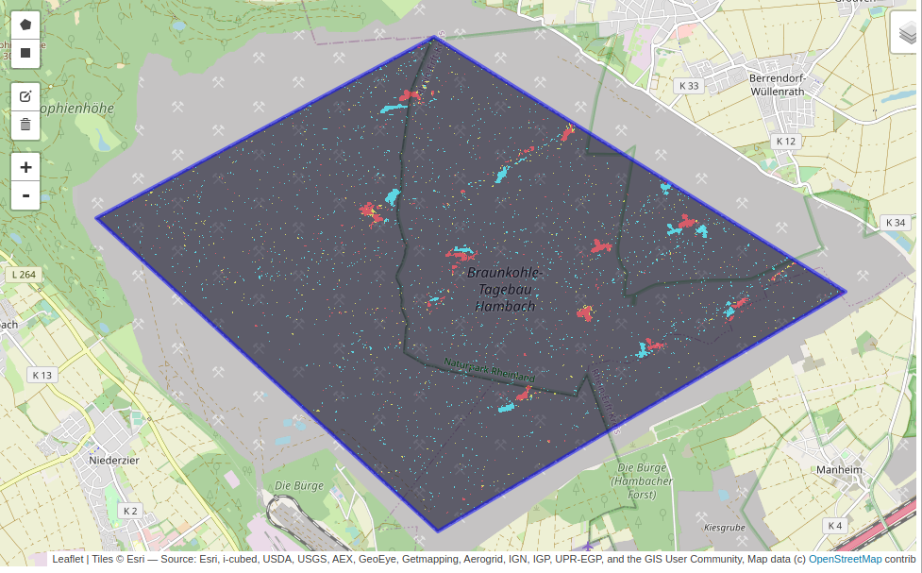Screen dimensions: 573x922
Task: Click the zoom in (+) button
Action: point(25,167)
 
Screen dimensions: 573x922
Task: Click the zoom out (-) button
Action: point(25,195)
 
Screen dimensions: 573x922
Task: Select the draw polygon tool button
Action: point(25,25)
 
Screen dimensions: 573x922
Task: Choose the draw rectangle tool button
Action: point(25,53)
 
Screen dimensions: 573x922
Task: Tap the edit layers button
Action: point(25,95)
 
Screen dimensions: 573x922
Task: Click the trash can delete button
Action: point(25,124)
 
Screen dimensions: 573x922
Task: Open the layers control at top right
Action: point(906,34)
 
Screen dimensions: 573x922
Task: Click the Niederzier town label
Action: point(113,460)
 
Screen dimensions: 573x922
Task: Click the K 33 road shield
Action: point(689,86)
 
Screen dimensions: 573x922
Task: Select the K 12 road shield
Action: point(785,142)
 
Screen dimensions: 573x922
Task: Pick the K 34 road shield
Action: point(895,223)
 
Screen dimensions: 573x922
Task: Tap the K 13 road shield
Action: point(42,375)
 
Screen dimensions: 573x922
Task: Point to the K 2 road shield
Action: point(129,511)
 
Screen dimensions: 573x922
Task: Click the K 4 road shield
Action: point(834,525)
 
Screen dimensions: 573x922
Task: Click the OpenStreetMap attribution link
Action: point(845,560)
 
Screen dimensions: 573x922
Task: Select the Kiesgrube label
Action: point(725,527)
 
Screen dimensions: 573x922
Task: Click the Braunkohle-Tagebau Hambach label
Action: point(505,289)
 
